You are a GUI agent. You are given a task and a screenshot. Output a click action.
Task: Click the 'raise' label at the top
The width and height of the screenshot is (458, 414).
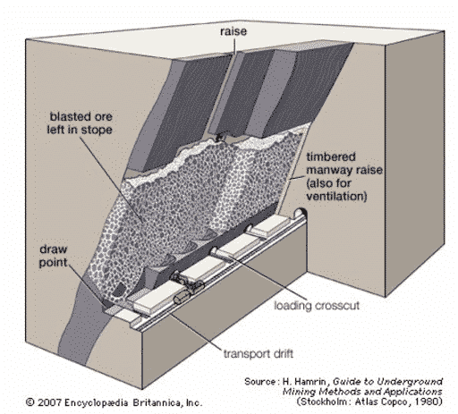point(233,31)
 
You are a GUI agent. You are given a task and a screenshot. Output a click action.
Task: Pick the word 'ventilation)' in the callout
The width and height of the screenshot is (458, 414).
point(336,196)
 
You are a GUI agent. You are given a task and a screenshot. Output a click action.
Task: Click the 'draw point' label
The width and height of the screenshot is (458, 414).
point(54,256)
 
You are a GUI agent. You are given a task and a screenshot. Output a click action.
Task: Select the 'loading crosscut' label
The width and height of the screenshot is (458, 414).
point(317,306)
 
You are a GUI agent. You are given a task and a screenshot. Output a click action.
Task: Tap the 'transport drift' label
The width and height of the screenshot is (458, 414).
point(259,354)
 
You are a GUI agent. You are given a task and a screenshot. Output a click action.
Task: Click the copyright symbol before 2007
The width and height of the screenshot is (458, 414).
point(30,402)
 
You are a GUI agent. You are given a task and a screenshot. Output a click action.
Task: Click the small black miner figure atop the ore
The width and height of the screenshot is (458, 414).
point(220,137)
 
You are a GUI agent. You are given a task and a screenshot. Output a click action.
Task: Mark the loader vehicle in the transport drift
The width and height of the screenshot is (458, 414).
point(188,283)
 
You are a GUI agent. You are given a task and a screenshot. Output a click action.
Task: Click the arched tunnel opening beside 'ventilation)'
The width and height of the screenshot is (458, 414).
point(301,212)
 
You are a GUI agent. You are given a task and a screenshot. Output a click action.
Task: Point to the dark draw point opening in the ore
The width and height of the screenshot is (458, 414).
point(119,290)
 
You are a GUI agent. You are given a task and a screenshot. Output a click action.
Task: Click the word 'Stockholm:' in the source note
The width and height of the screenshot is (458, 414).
point(324,401)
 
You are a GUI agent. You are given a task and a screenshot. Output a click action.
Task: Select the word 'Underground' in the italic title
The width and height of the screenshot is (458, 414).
point(410,382)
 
